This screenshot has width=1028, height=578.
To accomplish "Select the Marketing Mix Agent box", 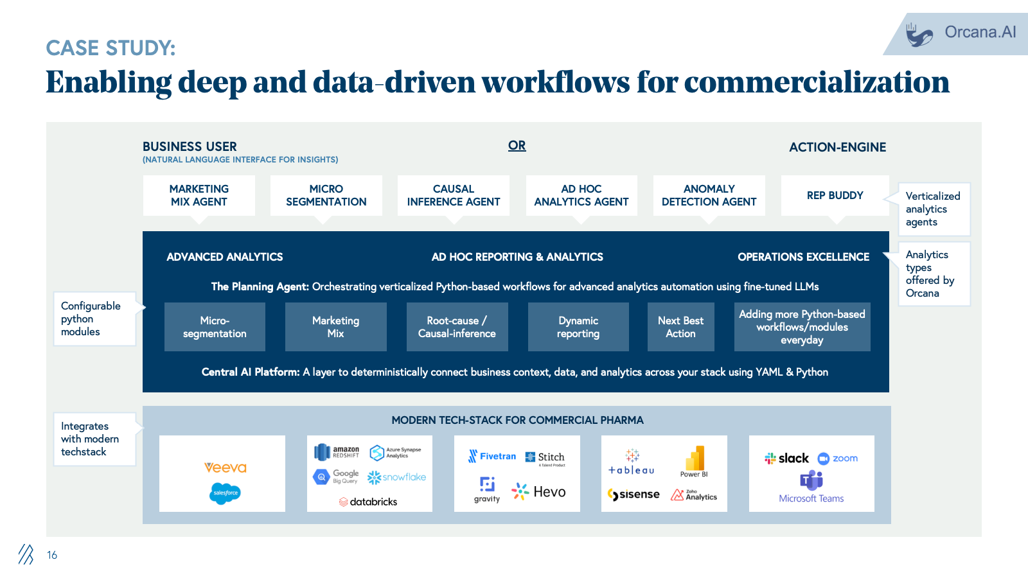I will (x=199, y=195).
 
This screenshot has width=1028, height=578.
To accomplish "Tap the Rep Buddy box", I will (x=835, y=195).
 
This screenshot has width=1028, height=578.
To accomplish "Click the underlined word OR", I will (x=517, y=146).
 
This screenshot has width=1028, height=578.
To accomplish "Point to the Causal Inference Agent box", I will (x=453, y=195).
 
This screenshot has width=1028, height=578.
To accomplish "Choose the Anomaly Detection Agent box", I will (x=709, y=195).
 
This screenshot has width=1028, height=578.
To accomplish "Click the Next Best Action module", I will (x=680, y=327).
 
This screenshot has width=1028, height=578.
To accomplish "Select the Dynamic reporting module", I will (x=578, y=327).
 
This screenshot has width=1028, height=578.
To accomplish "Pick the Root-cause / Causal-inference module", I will (x=457, y=327).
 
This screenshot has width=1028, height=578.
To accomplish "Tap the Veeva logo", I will (x=225, y=468).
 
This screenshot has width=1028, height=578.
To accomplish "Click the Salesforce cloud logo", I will (x=225, y=493).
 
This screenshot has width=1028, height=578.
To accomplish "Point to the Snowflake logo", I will (x=396, y=477).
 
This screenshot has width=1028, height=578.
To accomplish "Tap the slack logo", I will (x=786, y=458).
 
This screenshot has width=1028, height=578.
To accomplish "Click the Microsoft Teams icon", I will (x=811, y=480).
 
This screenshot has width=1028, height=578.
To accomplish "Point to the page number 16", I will (x=52, y=555).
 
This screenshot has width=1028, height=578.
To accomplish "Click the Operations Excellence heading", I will (x=803, y=257).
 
